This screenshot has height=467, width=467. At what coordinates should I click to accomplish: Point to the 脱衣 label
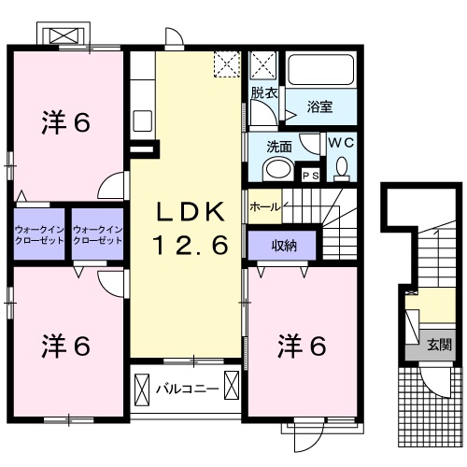click(264, 93)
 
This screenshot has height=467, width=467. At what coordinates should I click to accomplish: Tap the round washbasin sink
click(276, 169)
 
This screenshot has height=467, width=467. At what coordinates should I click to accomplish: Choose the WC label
click(338, 143)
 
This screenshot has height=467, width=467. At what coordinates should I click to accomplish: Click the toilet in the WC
click(341, 168)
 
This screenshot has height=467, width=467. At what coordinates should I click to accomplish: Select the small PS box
click(309, 175)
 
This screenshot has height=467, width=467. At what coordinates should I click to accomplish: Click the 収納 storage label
click(285, 245)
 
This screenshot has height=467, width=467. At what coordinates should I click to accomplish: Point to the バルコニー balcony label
click(186, 387)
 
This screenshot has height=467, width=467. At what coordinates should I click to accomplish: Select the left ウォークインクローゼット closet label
click(39, 234)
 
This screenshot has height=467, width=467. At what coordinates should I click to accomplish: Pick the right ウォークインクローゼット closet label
click(98, 234)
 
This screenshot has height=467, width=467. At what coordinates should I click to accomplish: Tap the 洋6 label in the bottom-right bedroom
click(301, 347)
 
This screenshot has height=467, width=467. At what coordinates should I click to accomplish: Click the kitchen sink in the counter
click(143, 120)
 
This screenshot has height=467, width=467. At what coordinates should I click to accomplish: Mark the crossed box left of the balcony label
click(143, 387)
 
